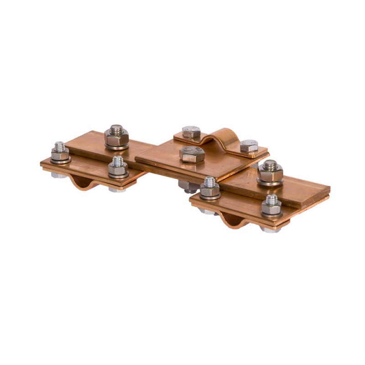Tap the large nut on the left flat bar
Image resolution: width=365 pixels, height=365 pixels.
coord(116,136)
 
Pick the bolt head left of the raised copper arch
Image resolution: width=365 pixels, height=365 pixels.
coord(192,132)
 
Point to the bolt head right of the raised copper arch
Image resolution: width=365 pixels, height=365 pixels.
coord(249,146)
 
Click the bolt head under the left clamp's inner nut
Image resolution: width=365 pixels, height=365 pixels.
coord(117,189)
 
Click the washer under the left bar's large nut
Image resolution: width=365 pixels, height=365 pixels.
coord(116,146)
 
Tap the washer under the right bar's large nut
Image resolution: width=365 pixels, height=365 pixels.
coord(270,181)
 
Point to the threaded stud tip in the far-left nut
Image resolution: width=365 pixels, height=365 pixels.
coord(60,146)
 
